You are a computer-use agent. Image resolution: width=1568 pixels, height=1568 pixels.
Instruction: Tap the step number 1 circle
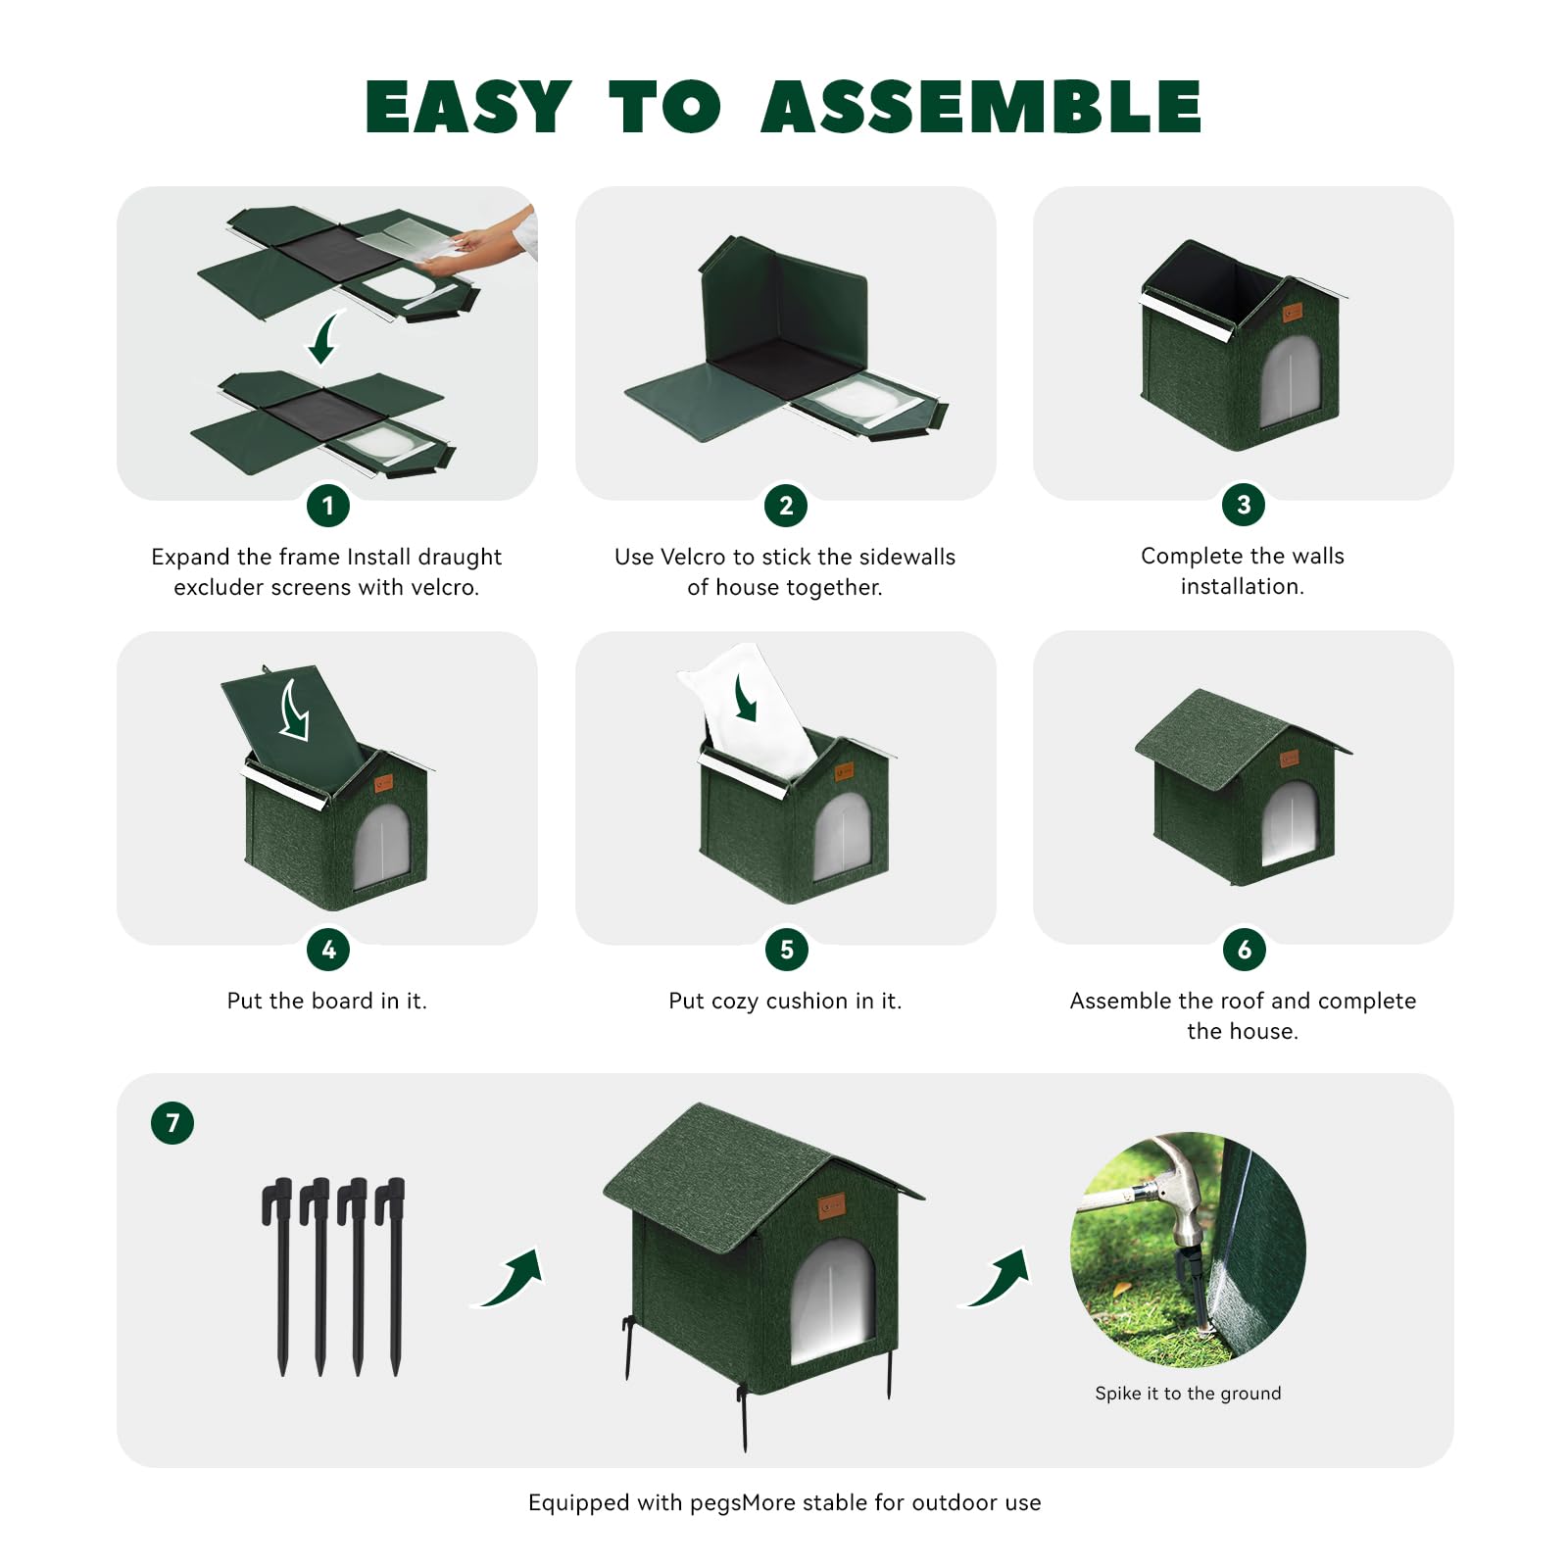click(x=328, y=506)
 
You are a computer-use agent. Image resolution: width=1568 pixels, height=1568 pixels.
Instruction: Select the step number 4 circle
click(x=328, y=950)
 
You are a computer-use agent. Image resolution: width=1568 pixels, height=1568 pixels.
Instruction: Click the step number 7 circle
click(x=172, y=1123)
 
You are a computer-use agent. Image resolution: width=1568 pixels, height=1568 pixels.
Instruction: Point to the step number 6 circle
click(x=1244, y=950)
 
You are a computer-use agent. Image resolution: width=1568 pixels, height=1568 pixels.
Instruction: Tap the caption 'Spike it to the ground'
click(x=1188, y=1394)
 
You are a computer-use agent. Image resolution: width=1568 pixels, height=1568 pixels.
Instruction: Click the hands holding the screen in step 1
click(x=480, y=245)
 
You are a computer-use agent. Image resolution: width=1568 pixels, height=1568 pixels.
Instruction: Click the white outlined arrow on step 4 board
click(x=294, y=710)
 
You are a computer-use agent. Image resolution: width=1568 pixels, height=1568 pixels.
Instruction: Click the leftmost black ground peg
click(x=280, y=1274)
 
